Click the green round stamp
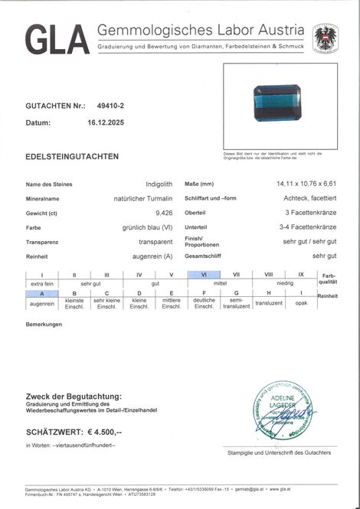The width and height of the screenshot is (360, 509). click(283, 409)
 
